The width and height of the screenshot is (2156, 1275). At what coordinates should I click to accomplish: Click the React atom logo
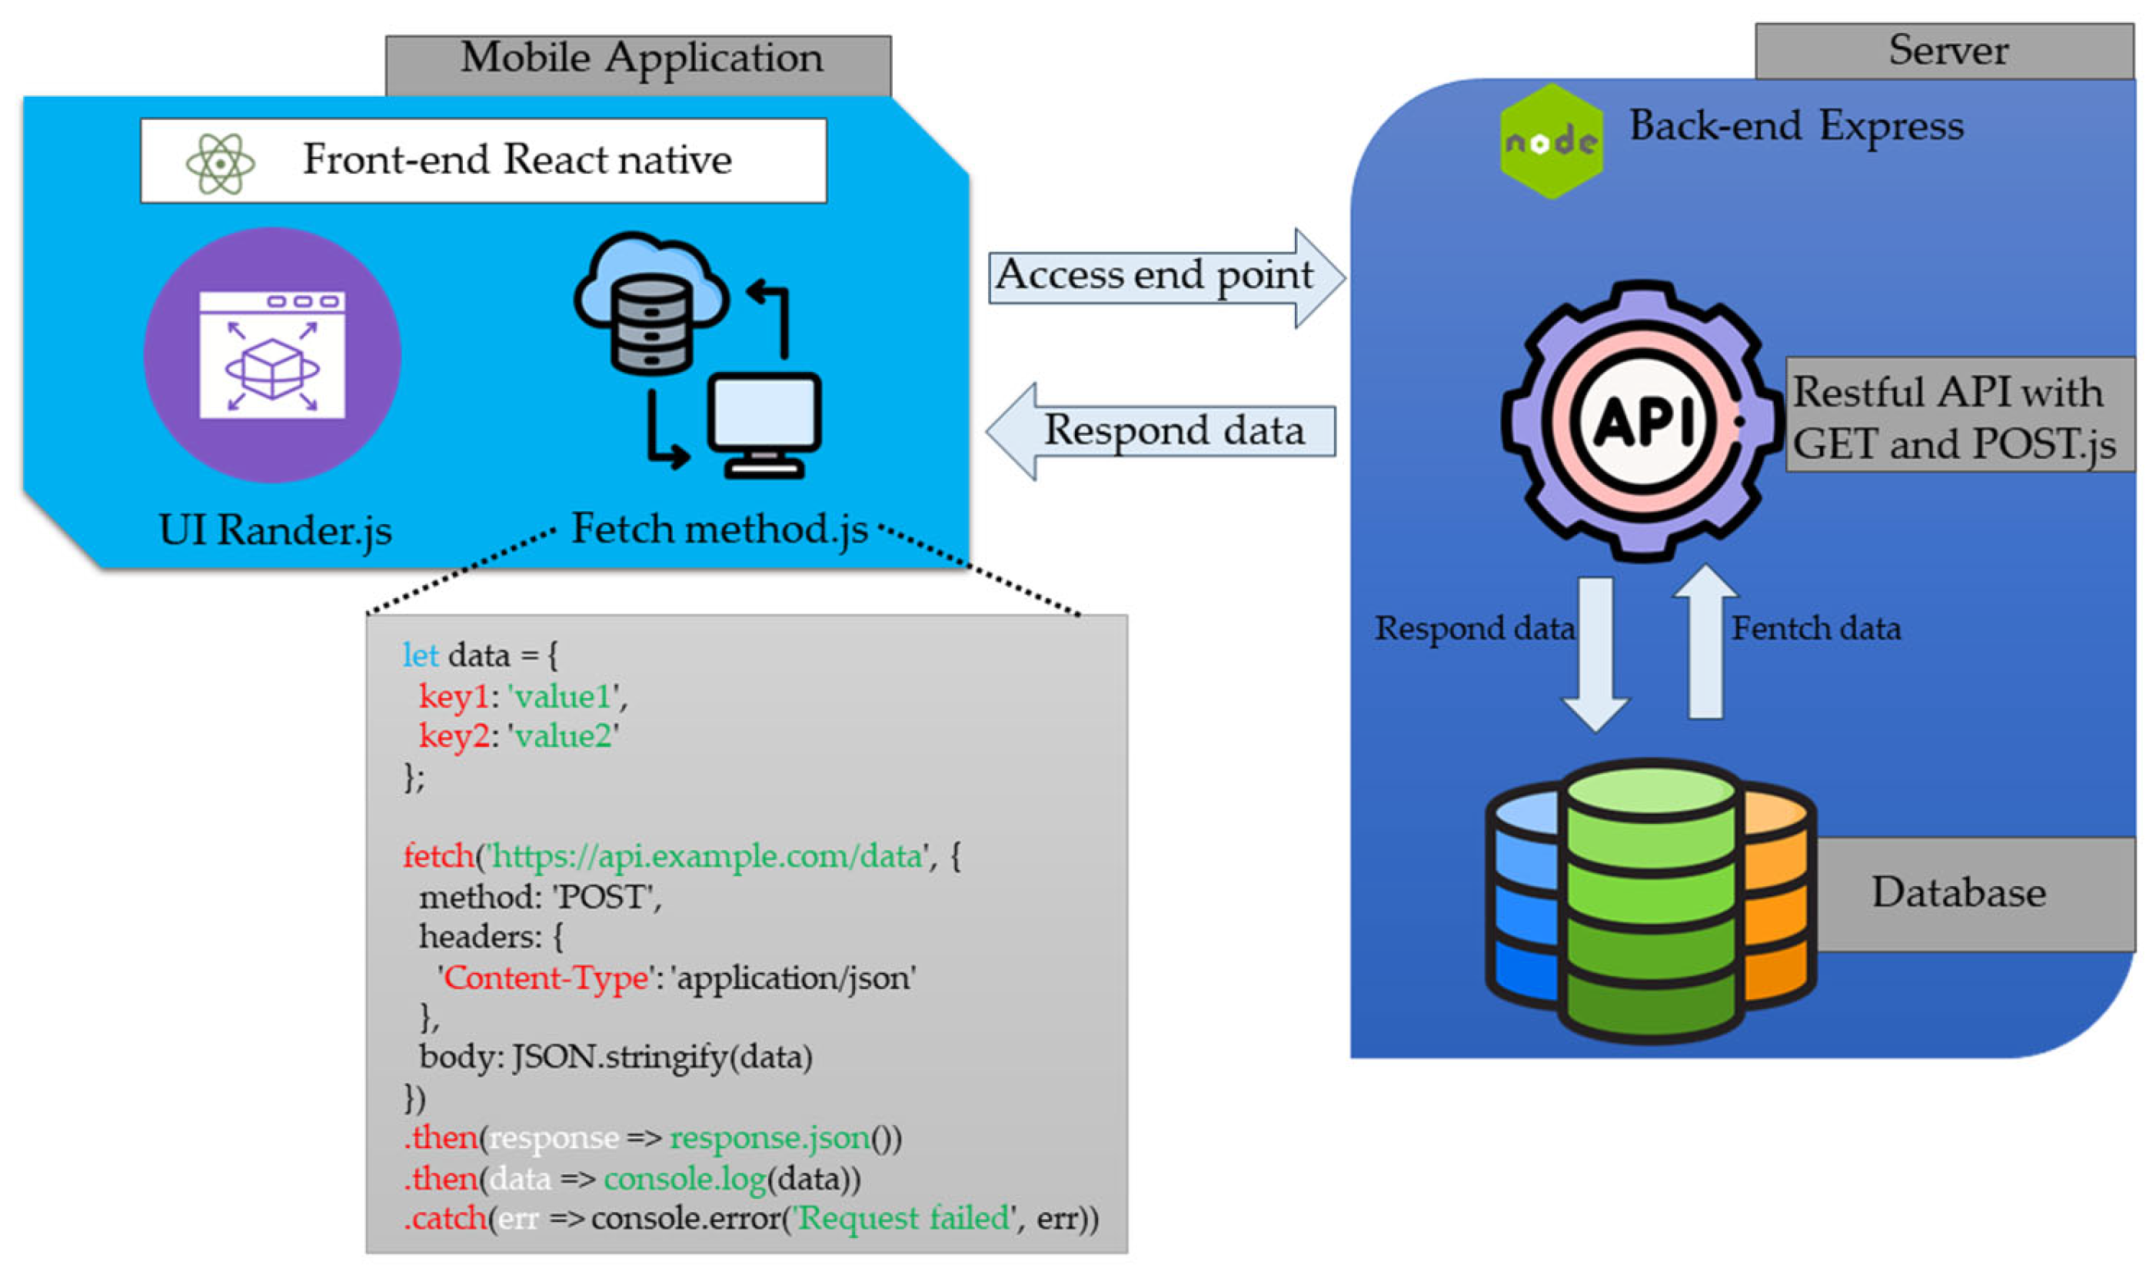pos(220,163)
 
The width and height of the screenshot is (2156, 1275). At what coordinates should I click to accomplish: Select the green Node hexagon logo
pos(1551,141)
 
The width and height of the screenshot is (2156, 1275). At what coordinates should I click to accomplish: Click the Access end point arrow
pos(1164,277)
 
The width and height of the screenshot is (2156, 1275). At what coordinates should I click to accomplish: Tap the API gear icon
pos(1643,421)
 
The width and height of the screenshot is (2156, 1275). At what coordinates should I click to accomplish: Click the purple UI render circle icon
pos(271,355)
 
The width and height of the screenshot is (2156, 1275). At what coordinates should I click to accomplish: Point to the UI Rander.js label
pos(275,531)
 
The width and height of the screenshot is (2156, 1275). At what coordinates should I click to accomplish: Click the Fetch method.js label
pos(720,530)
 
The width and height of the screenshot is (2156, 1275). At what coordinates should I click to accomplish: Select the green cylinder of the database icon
pos(1650,902)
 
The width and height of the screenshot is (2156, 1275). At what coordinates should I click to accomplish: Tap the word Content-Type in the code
pos(546,978)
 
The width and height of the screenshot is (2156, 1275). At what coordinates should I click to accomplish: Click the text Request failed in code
pos(902,1218)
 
